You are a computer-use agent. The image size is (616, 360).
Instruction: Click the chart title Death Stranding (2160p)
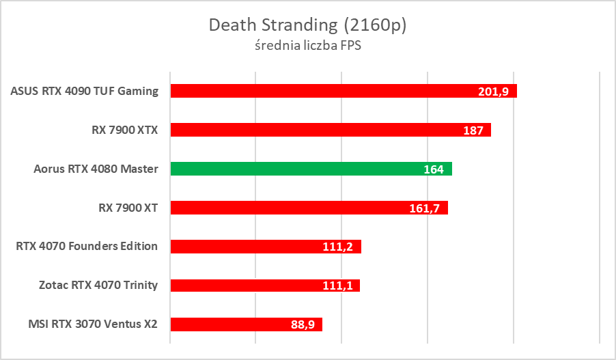tap(307, 25)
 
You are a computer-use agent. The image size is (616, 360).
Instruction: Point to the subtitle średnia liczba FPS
tap(307, 46)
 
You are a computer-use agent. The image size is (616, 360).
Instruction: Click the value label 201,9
tap(494, 92)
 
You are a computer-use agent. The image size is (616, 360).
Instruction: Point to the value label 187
tap(473, 130)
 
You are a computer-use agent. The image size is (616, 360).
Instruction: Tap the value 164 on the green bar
tap(434, 169)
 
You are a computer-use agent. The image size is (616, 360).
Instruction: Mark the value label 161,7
tap(425, 208)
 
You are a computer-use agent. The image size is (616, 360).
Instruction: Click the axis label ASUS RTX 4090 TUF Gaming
tap(85, 91)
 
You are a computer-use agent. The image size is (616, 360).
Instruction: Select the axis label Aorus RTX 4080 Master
tap(96, 169)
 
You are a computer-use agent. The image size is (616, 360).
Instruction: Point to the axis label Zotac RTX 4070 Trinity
tap(98, 286)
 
